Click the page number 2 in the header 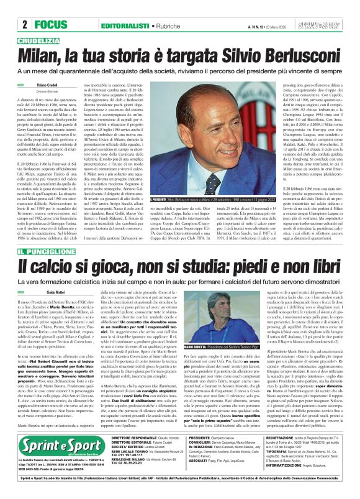click(24, 25)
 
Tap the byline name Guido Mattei click(47, 292)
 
